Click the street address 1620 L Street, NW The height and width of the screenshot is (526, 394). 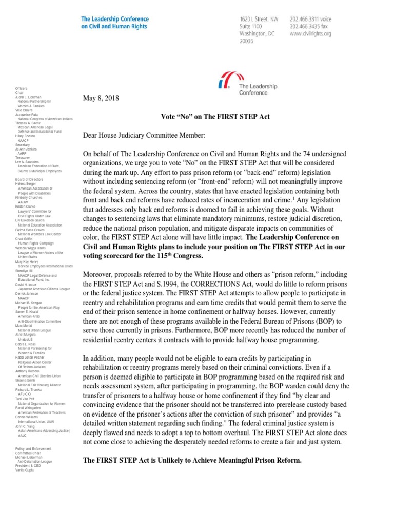click(259, 18)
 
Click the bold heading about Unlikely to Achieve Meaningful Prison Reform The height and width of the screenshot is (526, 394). click(192, 460)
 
